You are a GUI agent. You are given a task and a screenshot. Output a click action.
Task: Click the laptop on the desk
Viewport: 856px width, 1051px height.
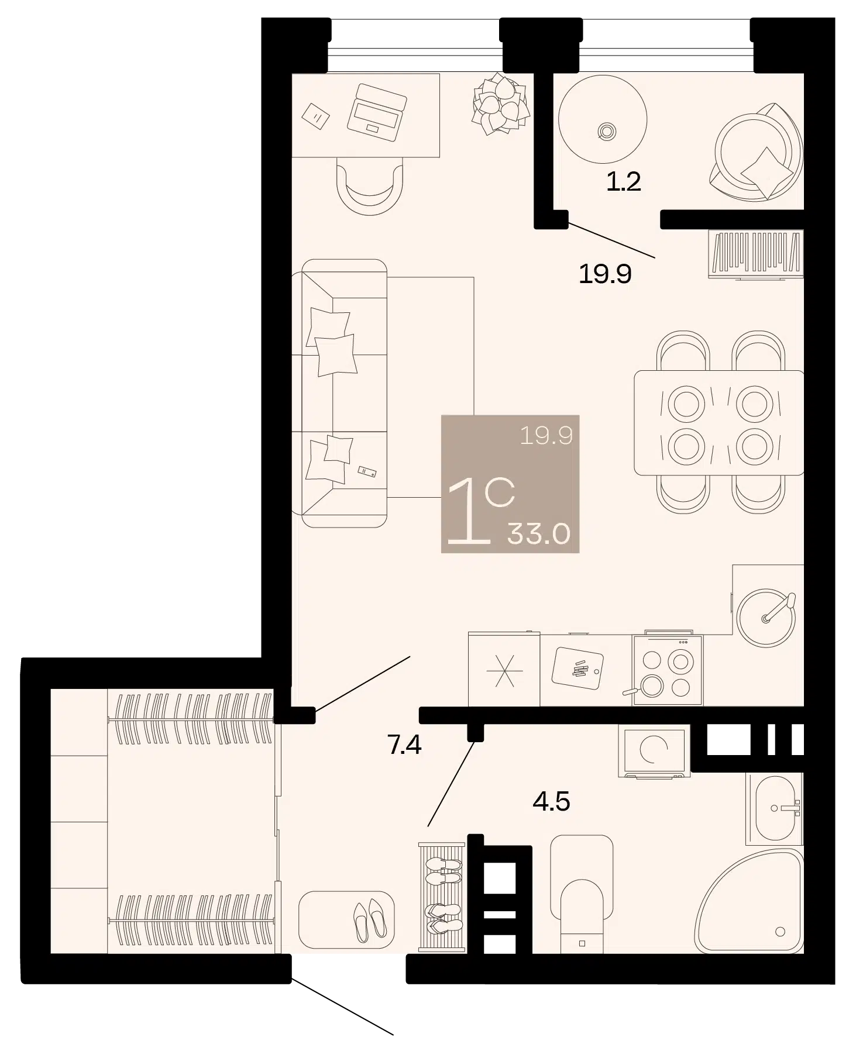click(377, 112)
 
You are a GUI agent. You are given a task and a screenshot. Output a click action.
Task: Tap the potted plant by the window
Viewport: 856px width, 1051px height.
click(500, 105)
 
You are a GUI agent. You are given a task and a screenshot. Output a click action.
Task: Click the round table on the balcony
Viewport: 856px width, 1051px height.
click(603, 119)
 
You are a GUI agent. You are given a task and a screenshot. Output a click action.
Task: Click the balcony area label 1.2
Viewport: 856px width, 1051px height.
click(623, 182)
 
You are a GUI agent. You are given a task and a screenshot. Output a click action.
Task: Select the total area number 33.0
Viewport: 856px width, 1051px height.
click(539, 533)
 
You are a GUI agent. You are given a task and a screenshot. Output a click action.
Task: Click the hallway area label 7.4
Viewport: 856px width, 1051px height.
click(404, 745)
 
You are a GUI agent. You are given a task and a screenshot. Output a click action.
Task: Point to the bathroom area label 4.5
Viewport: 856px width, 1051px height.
click(551, 801)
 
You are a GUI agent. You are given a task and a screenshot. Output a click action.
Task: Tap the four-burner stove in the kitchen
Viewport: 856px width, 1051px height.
click(668, 670)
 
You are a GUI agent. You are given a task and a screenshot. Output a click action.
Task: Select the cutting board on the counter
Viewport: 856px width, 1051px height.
click(578, 668)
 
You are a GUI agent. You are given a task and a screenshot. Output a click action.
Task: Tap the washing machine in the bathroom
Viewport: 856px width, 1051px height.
click(654, 752)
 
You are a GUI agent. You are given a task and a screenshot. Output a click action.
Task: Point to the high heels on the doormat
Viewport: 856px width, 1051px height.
click(370, 921)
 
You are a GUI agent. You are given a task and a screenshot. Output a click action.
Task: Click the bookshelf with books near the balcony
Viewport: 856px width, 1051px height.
click(755, 254)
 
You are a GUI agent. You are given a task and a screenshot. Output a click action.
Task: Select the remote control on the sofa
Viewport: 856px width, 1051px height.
click(367, 471)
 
